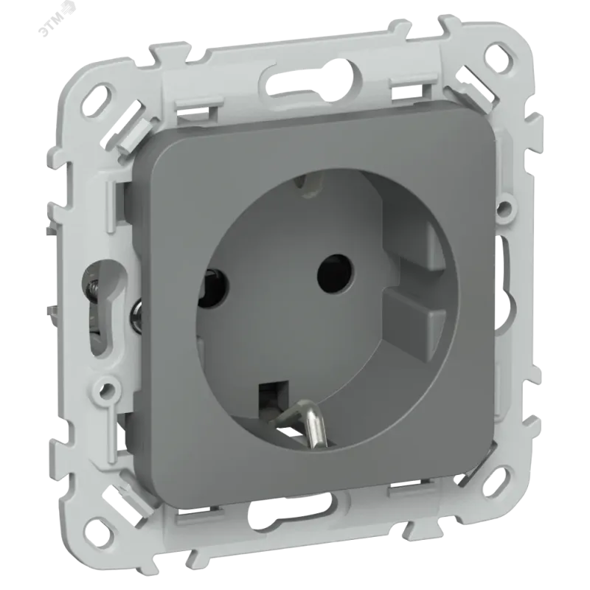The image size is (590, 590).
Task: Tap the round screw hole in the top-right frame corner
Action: pos(499,55)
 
